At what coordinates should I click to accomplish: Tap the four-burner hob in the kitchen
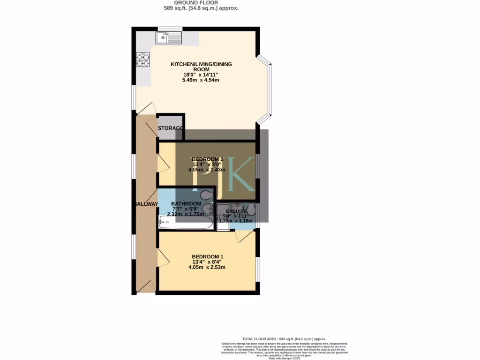(x=142, y=60)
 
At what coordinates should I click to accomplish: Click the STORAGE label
(x=170, y=128)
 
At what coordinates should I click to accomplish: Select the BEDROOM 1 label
(x=207, y=256)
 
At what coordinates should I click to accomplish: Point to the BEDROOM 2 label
(x=208, y=159)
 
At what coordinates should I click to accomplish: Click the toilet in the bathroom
(x=204, y=195)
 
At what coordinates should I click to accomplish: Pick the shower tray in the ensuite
(x=223, y=218)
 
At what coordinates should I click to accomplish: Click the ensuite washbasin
(x=238, y=206)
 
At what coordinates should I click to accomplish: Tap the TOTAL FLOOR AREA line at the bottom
(x=284, y=338)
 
